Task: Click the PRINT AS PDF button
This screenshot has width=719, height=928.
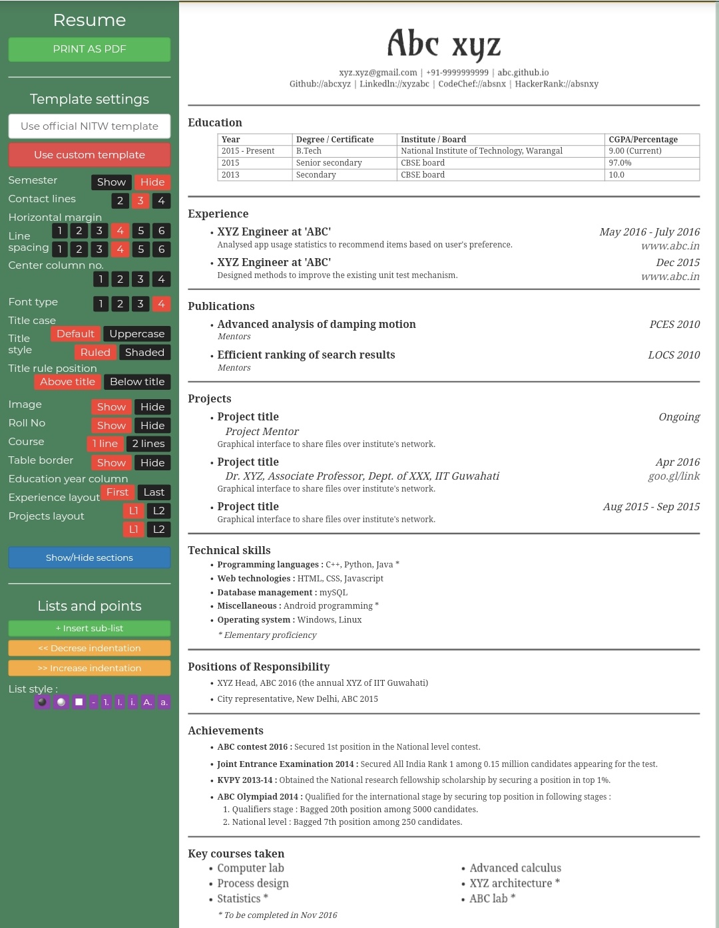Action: (89, 49)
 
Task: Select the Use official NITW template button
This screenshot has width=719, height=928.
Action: (89, 126)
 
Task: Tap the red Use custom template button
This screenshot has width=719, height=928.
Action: (89, 155)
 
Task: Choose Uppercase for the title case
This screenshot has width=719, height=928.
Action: (136, 334)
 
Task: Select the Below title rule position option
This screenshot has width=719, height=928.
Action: (136, 382)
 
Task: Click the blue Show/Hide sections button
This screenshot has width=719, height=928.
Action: (89, 557)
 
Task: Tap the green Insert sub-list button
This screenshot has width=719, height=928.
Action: (89, 628)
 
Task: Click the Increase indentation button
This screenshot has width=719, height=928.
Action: (89, 668)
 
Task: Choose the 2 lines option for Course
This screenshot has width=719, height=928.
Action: (148, 444)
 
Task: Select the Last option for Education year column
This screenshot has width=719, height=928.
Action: (154, 492)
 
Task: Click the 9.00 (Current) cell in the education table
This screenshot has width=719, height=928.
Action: (634, 151)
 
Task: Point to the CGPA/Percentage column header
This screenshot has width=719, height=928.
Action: (642, 140)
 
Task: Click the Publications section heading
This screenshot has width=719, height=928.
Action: (221, 306)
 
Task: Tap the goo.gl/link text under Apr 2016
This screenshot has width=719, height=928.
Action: (674, 476)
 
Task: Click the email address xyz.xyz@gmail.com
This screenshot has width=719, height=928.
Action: (377, 73)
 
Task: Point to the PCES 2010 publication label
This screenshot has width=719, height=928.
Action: (674, 325)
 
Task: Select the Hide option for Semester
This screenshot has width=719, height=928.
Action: (152, 182)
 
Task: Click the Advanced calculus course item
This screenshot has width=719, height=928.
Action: (515, 868)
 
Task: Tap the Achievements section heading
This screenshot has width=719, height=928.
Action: (226, 730)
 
